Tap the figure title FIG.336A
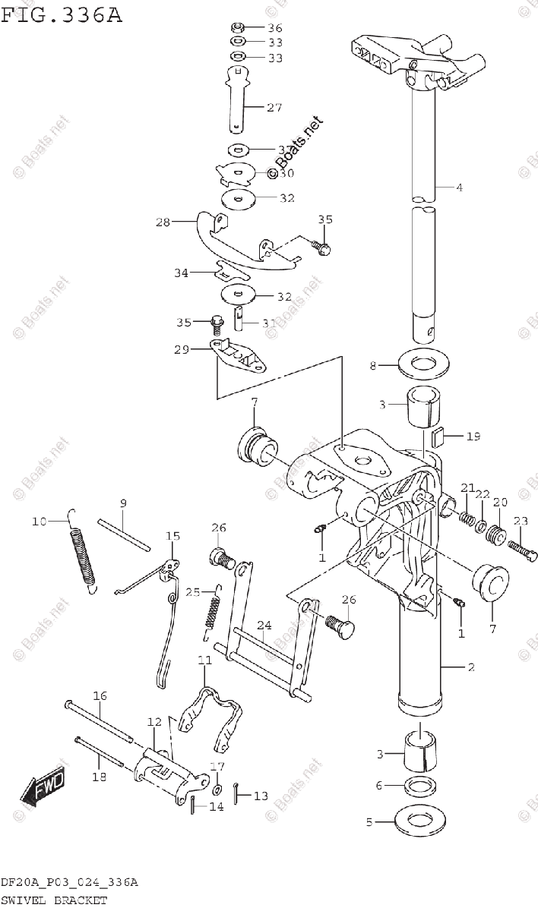coord(61,13)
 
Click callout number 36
coord(274,28)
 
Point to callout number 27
coord(274,108)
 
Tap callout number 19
coord(473,437)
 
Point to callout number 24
coord(264,626)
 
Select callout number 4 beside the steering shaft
coord(459,187)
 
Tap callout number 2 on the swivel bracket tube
coord(470,667)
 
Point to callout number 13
coord(261,796)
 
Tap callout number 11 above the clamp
coord(205,660)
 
